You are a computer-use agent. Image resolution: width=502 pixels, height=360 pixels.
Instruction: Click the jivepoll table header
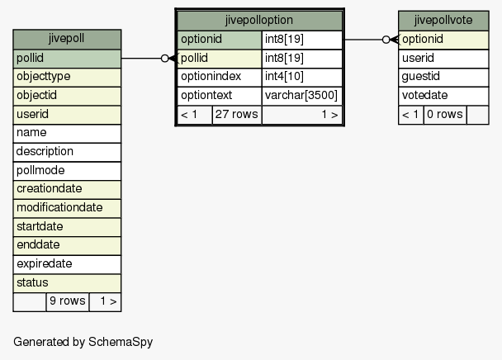click(x=67, y=39)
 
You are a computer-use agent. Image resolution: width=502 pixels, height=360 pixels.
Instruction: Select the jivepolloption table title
click(x=259, y=21)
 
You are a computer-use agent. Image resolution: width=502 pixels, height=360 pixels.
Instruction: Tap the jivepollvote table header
click(x=443, y=21)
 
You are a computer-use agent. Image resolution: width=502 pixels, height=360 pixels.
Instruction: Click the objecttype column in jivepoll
click(x=67, y=77)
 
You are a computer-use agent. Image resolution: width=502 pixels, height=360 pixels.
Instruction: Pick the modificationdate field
click(x=67, y=208)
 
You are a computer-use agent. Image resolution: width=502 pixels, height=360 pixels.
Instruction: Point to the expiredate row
click(x=67, y=264)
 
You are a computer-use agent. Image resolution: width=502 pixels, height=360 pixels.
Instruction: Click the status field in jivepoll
click(x=67, y=283)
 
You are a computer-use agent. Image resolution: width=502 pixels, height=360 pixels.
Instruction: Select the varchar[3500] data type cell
click(x=302, y=96)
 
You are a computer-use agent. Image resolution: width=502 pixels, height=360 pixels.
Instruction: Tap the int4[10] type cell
click(x=302, y=77)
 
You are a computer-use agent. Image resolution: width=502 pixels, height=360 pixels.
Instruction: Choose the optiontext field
click(x=220, y=96)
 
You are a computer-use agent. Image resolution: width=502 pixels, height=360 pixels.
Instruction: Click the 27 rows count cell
click(x=237, y=115)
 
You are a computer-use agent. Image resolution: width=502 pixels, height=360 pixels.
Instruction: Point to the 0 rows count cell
click(x=445, y=115)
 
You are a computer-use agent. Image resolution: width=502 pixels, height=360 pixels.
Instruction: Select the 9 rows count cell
click(x=68, y=301)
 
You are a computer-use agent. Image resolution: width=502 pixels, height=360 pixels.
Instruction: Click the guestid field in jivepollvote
click(x=443, y=77)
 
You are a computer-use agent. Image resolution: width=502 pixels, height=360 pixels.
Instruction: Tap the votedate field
click(x=443, y=96)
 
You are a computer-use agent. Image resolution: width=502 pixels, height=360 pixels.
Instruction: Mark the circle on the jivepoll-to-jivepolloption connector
click(x=164, y=59)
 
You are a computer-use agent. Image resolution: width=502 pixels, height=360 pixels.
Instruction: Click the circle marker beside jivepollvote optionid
click(x=386, y=40)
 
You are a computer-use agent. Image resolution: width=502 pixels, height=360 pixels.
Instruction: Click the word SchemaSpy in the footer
click(x=121, y=342)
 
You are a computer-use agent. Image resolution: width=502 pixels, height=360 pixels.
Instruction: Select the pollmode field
click(x=67, y=171)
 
